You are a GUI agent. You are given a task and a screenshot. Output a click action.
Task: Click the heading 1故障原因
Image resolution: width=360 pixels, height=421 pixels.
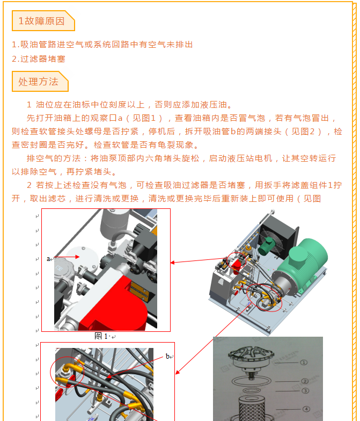coord(42,21)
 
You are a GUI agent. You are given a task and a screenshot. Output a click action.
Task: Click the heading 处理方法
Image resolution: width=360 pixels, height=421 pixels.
coord(39,82)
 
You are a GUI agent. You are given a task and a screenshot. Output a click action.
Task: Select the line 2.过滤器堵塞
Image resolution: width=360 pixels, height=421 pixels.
coord(39,59)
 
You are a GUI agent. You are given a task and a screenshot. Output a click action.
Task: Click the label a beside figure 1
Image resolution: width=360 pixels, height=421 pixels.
coord(48,259)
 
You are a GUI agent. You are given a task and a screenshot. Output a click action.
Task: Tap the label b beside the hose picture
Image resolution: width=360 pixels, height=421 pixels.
coord(167,357)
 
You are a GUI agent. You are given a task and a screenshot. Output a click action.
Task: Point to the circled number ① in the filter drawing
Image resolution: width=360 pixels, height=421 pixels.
coord(304,362)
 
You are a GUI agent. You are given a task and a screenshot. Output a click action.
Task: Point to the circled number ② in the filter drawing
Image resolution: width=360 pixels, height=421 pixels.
coord(305,381)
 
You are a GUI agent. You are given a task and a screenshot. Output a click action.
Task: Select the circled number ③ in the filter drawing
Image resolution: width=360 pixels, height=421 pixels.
coord(305,391)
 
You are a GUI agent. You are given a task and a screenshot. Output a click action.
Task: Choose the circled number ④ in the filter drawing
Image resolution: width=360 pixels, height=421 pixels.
coord(306,409)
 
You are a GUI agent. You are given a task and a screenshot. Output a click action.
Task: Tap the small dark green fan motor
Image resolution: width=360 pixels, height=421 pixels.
coord(266,245)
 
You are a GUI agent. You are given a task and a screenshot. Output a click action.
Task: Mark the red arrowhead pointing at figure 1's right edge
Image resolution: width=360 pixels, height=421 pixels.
coord(173,262)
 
